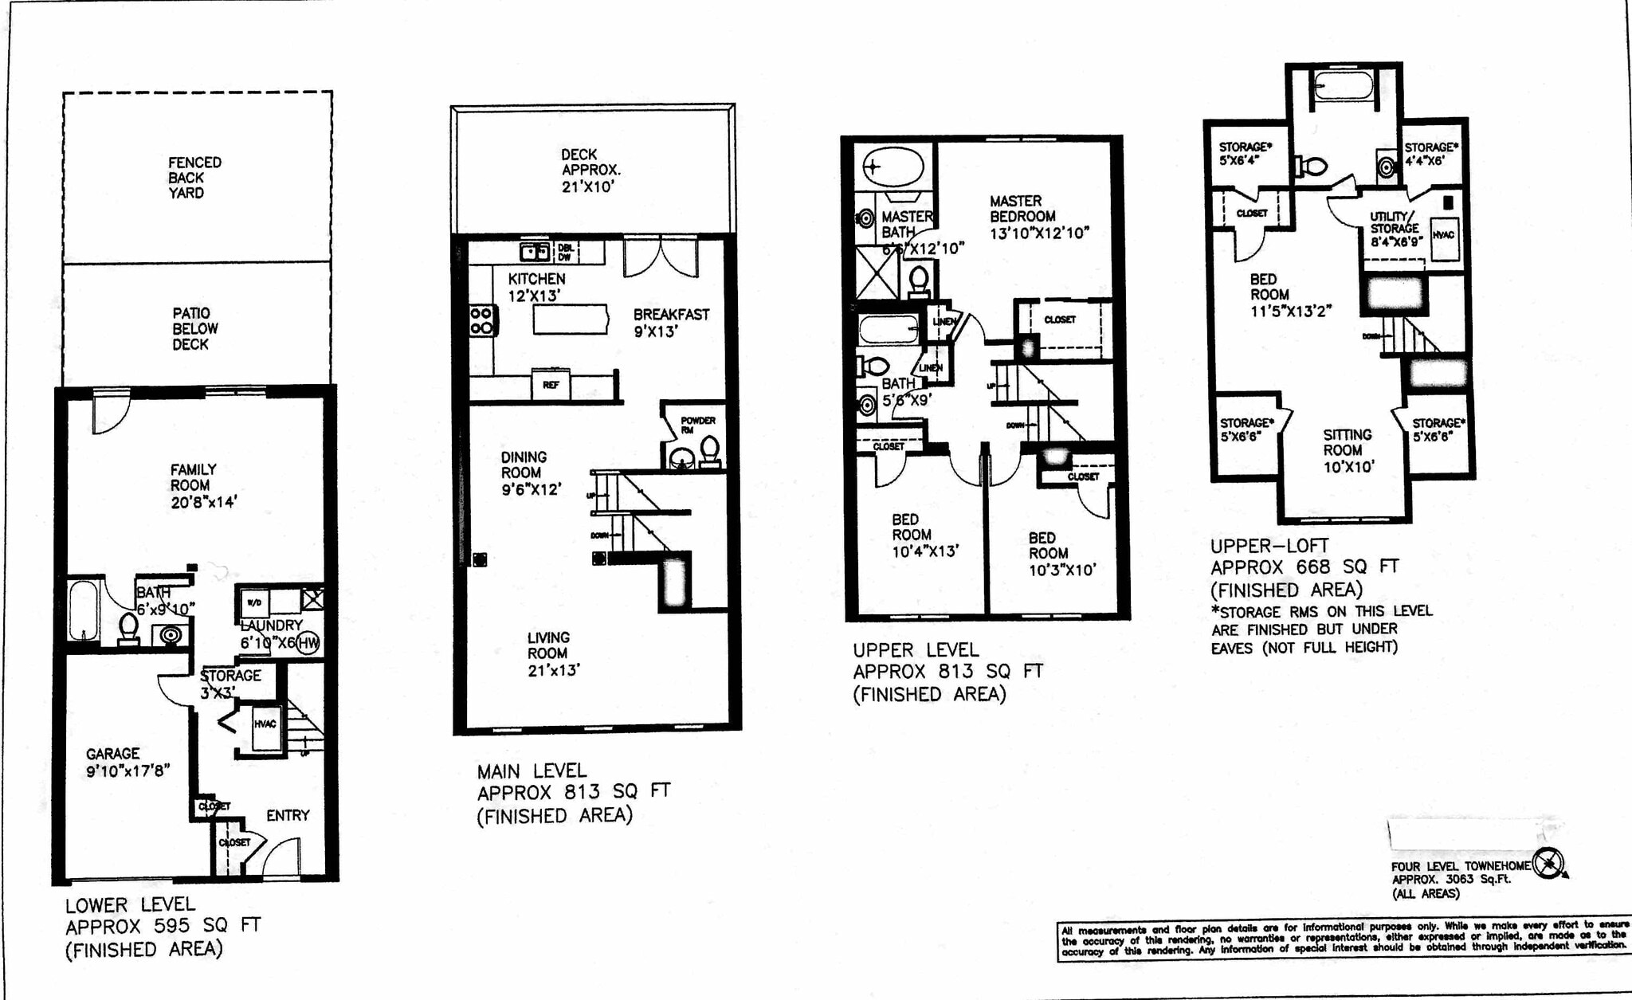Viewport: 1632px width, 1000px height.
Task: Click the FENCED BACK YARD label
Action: (194, 178)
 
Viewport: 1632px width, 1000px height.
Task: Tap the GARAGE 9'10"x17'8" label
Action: (127, 762)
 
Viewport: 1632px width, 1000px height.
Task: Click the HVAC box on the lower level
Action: (266, 726)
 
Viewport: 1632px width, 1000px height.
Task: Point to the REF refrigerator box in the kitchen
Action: (551, 385)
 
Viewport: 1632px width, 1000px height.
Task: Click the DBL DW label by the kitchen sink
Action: (565, 252)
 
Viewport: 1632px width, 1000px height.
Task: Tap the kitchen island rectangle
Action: (571, 320)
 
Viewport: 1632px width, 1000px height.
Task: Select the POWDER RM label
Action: (697, 425)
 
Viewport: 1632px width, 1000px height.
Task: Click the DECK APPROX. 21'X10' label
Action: (590, 171)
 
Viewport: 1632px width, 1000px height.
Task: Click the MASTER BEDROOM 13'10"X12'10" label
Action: (1038, 217)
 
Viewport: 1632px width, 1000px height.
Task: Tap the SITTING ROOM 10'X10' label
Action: (1348, 450)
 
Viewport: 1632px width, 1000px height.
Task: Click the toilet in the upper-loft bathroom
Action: (1312, 167)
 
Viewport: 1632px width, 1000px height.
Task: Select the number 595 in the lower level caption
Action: (172, 926)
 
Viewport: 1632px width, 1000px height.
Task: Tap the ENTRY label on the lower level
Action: (288, 815)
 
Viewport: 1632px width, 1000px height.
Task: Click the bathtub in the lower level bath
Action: (84, 610)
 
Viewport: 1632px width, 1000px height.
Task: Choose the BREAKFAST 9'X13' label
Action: (671, 323)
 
